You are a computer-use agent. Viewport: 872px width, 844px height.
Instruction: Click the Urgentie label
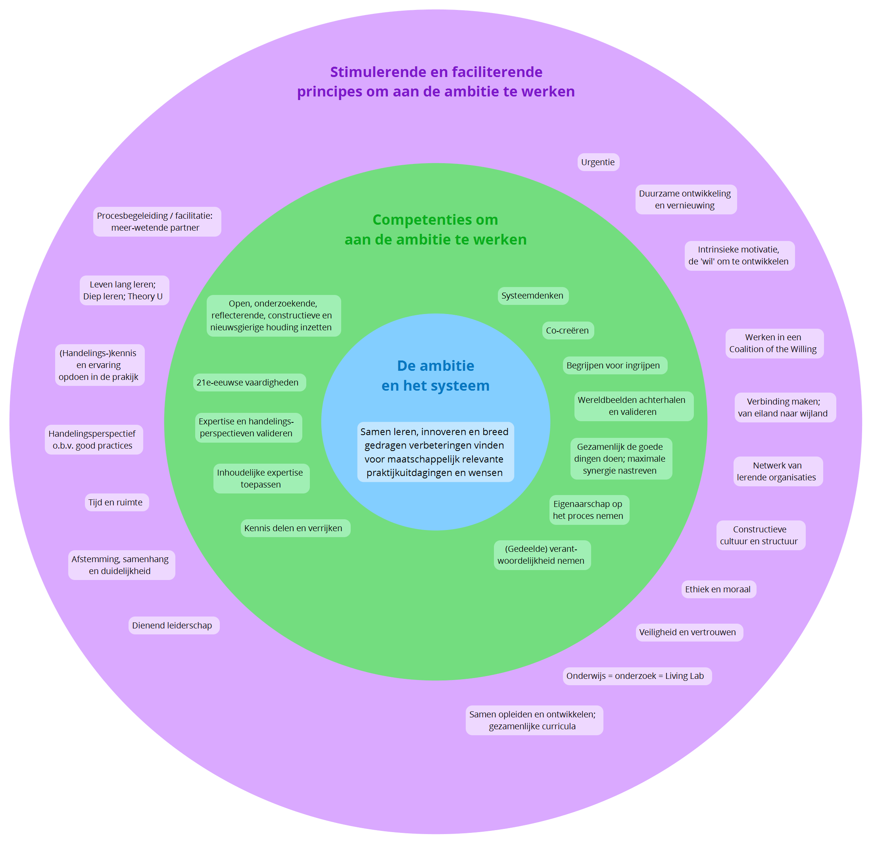pos(598,162)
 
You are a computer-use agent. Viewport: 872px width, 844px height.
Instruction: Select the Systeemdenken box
pos(533,296)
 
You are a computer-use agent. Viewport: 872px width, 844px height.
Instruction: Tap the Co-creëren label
pos(568,330)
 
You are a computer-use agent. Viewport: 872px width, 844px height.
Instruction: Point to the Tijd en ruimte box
pos(117,502)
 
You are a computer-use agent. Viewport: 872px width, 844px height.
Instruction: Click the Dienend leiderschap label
pos(174,625)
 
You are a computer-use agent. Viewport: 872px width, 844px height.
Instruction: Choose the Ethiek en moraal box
pos(718,589)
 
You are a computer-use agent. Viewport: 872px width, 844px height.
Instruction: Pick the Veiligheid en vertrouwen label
pos(689,632)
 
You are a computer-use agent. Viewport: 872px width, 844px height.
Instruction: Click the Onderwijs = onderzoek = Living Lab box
pos(637,676)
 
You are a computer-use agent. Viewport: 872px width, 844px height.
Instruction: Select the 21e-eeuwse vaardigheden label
pos(249,382)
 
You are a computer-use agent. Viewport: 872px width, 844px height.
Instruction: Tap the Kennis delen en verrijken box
pos(296,528)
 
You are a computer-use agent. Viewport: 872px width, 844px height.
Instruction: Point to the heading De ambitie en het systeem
pos(436,375)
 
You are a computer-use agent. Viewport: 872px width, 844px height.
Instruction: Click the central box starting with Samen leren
pos(436,451)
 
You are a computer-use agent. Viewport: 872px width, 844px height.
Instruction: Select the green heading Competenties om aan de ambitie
pos(436,229)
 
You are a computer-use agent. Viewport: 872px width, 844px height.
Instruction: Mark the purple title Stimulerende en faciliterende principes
pos(436,81)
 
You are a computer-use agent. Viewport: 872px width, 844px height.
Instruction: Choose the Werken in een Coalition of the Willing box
pos(774,343)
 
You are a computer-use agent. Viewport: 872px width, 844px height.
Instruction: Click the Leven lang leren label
pos(124,290)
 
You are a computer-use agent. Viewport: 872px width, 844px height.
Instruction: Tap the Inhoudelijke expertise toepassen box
pos(261,478)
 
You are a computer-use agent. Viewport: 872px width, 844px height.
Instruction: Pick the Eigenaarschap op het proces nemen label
pos(589,510)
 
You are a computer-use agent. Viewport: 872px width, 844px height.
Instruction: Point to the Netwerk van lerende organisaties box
pos(778,471)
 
